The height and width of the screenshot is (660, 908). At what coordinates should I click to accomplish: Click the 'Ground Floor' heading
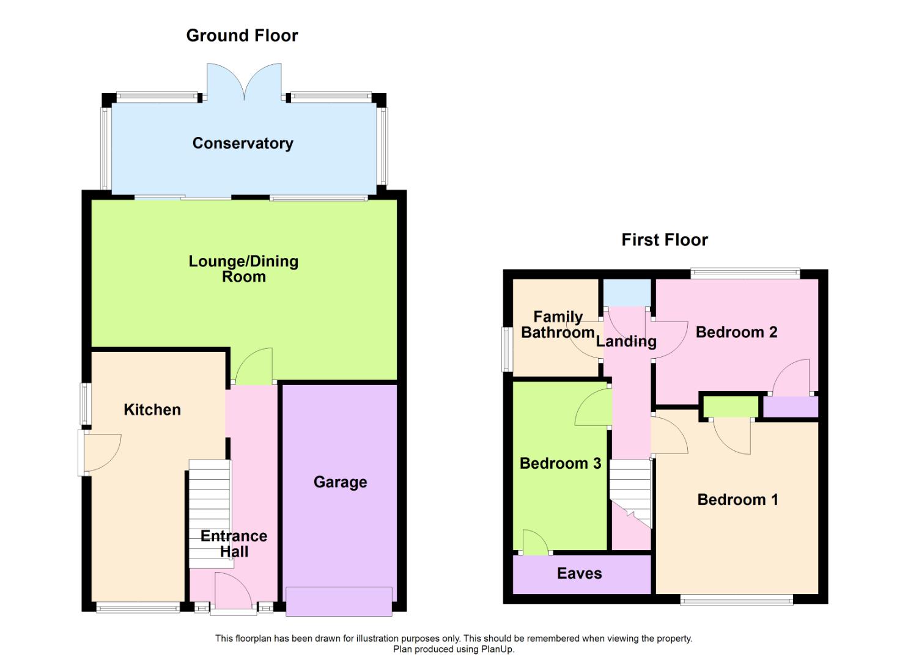pyautogui.click(x=242, y=35)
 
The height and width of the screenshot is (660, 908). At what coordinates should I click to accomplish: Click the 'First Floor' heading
pyautogui.click(x=664, y=240)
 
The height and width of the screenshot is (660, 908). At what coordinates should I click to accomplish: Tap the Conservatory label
pyautogui.click(x=243, y=143)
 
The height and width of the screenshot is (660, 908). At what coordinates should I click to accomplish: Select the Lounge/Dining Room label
pyautogui.click(x=243, y=269)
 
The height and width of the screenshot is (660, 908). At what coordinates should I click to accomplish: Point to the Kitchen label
pyautogui.click(x=152, y=409)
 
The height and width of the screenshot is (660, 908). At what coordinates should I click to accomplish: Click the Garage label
pyautogui.click(x=340, y=482)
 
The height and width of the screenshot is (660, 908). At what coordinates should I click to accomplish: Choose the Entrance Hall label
pyautogui.click(x=234, y=543)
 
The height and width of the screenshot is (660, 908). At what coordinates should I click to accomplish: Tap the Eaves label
pyautogui.click(x=579, y=573)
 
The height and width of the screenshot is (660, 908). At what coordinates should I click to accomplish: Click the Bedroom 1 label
pyautogui.click(x=737, y=499)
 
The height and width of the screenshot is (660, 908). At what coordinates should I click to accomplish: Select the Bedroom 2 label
pyautogui.click(x=736, y=332)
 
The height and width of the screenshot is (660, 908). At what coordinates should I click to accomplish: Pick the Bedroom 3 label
pyautogui.click(x=560, y=463)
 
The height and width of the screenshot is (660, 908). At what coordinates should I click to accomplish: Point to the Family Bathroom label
pyautogui.click(x=556, y=324)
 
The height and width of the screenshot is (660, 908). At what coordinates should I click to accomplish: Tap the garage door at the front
pyautogui.click(x=339, y=601)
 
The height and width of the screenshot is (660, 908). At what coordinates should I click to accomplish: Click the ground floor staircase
pyautogui.click(x=210, y=513)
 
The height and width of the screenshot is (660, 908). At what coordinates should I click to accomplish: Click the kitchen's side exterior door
pyautogui.click(x=98, y=453)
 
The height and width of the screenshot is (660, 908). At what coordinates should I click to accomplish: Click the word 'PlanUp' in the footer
pyautogui.click(x=496, y=649)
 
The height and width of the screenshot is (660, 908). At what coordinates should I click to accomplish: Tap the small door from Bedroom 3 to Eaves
pyautogui.click(x=535, y=543)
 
